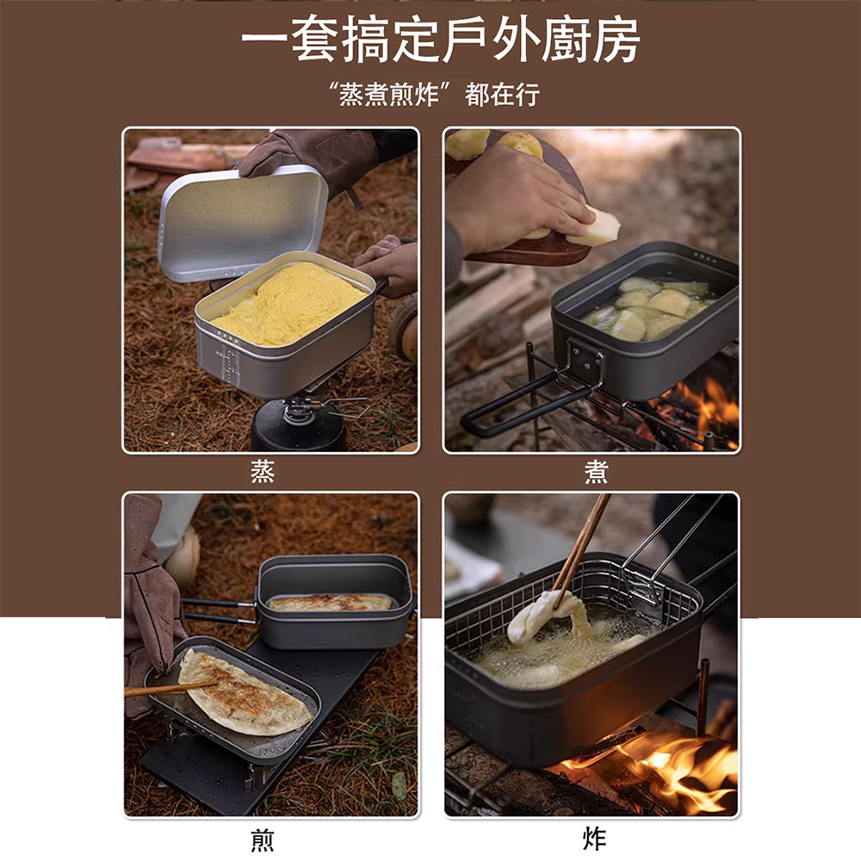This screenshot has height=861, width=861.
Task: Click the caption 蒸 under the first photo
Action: click(263, 472)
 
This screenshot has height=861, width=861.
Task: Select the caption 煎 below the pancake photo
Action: click(263, 839)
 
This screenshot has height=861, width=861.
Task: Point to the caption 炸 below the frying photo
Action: click(594, 839)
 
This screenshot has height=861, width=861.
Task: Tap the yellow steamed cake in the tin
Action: click(288, 302)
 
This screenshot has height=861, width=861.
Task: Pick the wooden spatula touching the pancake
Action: click(168, 688)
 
